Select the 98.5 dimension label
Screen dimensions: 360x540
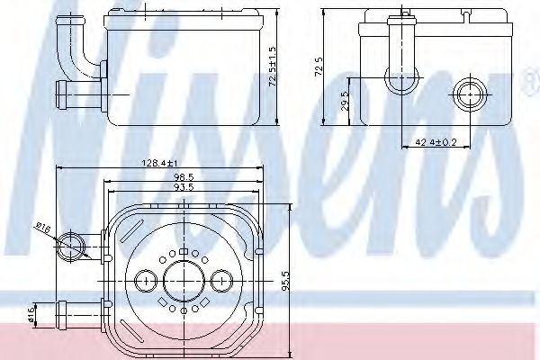(184, 177)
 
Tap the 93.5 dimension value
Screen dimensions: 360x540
(184, 187)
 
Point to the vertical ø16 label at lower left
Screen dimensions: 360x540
(31, 312)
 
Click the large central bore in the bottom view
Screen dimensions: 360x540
(184, 280)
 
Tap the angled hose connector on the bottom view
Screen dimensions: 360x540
(72, 244)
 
